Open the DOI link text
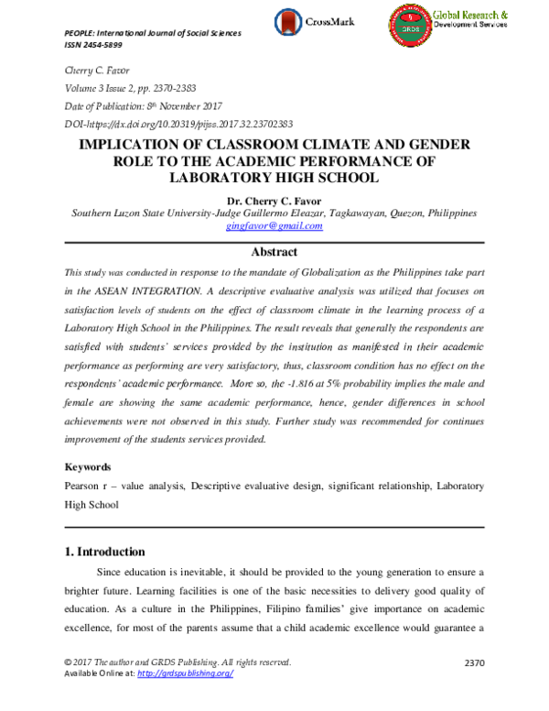tap(178, 123)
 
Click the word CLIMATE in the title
tap(326, 145)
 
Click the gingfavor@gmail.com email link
tap(274, 225)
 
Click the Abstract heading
tap(274, 251)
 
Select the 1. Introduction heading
tap(106, 552)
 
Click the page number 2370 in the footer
tap(475, 662)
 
